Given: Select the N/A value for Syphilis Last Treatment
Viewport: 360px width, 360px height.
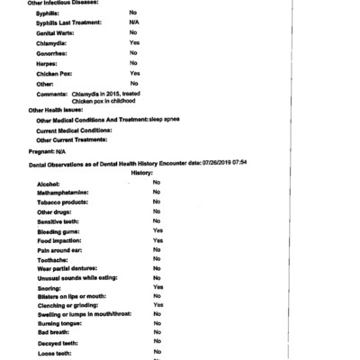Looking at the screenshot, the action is (133, 22).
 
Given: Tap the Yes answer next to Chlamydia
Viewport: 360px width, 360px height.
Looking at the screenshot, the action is (134, 42).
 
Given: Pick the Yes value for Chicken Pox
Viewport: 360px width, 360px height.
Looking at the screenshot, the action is (134, 73).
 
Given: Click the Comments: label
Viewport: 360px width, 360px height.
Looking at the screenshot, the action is (52, 94).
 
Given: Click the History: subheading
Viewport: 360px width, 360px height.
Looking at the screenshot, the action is (142, 172).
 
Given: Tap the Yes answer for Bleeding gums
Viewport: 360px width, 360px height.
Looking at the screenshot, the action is (157, 231).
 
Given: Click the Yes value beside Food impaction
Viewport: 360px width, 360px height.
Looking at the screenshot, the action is (157, 241).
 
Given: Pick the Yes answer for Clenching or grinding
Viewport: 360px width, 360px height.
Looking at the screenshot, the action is (157, 305).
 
